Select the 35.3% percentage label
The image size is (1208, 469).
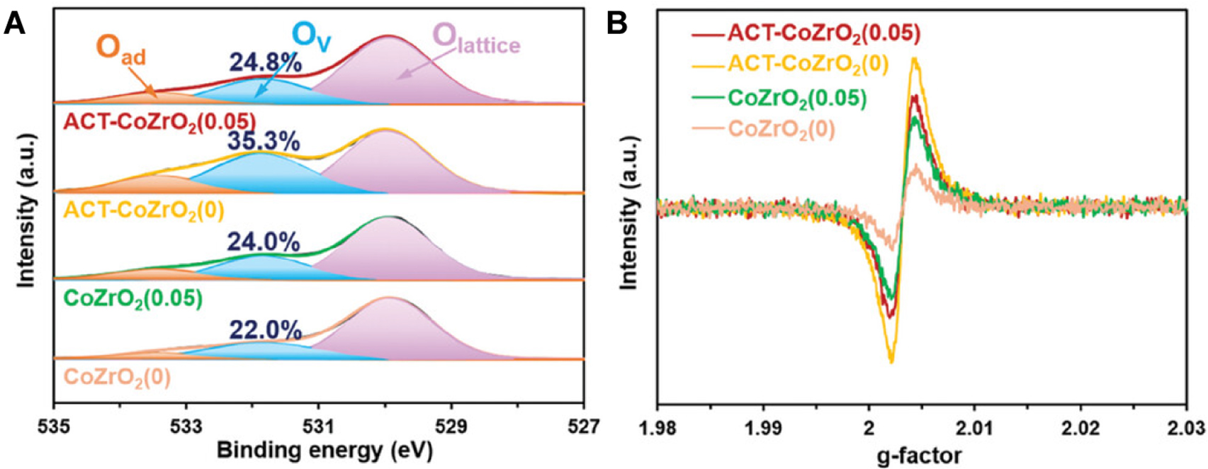264,142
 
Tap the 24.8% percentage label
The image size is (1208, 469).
266,63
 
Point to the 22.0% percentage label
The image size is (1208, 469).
265,330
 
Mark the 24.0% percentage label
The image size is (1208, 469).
264,243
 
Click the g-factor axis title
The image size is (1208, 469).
921,454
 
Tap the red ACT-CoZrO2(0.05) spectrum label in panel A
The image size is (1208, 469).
159,122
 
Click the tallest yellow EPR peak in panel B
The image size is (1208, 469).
915,60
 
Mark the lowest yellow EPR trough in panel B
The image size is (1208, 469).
891,362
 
